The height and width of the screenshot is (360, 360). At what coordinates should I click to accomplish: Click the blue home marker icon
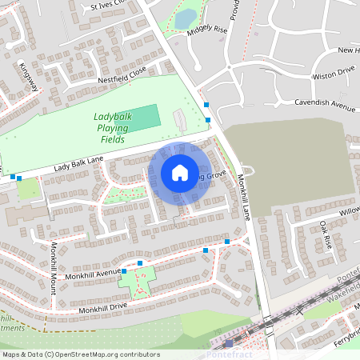[180, 173]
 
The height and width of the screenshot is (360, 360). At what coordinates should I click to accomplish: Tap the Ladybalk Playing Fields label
[113, 127]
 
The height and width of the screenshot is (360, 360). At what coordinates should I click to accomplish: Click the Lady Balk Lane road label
[79, 164]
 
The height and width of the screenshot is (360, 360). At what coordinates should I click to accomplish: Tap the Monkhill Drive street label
[103, 308]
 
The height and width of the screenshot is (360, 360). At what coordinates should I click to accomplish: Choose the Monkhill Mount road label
[53, 268]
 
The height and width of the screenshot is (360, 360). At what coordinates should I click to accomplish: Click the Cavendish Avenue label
[324, 104]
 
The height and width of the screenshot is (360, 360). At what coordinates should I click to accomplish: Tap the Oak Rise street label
[325, 234]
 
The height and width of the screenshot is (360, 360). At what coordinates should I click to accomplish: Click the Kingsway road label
[30, 76]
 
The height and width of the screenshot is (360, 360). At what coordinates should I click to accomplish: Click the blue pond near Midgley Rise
[186, 18]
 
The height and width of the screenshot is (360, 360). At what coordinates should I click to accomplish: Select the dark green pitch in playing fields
[144, 118]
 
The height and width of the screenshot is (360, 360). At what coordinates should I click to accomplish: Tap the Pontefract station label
[230, 354]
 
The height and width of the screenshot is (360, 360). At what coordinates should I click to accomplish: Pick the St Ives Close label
[109, 5]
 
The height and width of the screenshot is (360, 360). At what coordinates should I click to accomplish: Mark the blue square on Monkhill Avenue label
[140, 262]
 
